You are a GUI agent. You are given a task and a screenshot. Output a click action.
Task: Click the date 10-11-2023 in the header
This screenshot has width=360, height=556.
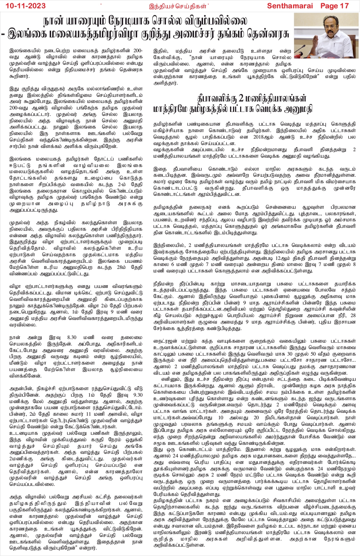(24, 6)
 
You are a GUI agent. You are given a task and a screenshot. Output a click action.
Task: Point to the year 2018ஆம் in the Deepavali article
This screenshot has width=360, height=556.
(261, 137)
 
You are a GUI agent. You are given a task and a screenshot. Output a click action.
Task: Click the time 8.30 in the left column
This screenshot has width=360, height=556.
(72, 338)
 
